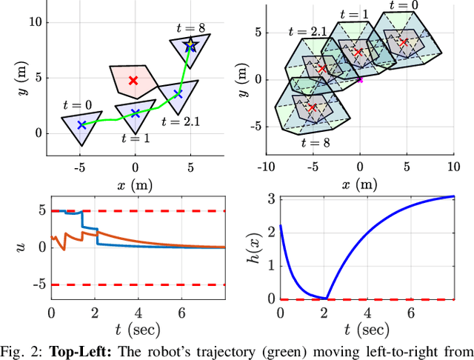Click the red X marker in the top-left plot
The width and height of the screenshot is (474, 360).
[133, 80]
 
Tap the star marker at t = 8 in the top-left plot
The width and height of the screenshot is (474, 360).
[190, 46]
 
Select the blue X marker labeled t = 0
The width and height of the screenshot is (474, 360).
[81, 125]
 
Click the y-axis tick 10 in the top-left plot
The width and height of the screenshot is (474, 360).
[35, 22]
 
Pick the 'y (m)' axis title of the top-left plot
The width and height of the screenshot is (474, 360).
[14, 78]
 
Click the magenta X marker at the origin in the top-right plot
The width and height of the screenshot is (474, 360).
[360, 79]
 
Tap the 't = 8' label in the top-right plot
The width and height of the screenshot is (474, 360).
[315, 142]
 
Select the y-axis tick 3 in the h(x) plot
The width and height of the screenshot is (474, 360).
[271, 198]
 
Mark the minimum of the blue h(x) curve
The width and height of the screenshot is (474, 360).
[327, 298]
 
